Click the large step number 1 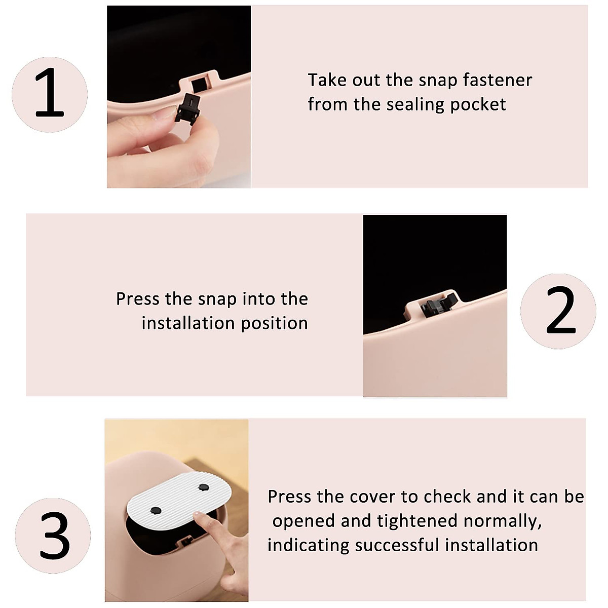coord(50,92)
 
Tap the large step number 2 coord(561,310)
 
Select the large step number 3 coord(55,535)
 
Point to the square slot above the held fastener coord(199,85)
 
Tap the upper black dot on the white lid coord(204,487)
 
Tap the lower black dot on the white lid coord(156,511)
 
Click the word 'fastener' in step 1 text coord(497,80)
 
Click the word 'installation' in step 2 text coord(188,323)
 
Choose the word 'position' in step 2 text coord(275,323)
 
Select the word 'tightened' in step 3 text coord(417,521)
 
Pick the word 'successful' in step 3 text coord(397,546)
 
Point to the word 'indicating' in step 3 coord(308,546)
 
